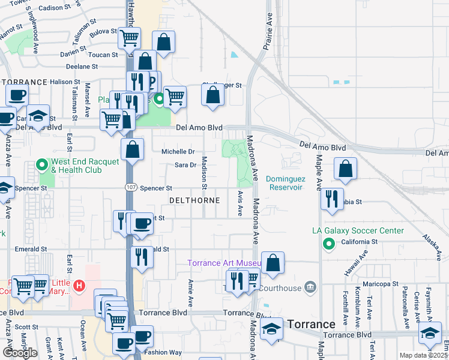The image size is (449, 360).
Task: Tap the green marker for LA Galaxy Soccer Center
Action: click(x=328, y=244)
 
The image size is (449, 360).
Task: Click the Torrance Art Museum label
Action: click(x=223, y=263)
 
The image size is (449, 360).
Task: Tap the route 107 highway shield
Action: click(x=130, y=188)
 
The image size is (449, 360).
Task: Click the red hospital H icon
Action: click(x=79, y=286)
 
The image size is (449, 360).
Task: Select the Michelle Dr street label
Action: click(x=178, y=152)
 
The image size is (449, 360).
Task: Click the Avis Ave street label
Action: click(x=240, y=203)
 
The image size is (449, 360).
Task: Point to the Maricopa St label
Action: click(x=379, y=284)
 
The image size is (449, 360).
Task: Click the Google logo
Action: click(x=20, y=353)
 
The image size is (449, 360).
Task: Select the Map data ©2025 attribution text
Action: click(x=423, y=355)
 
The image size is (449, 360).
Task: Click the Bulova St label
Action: click(x=104, y=31)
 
